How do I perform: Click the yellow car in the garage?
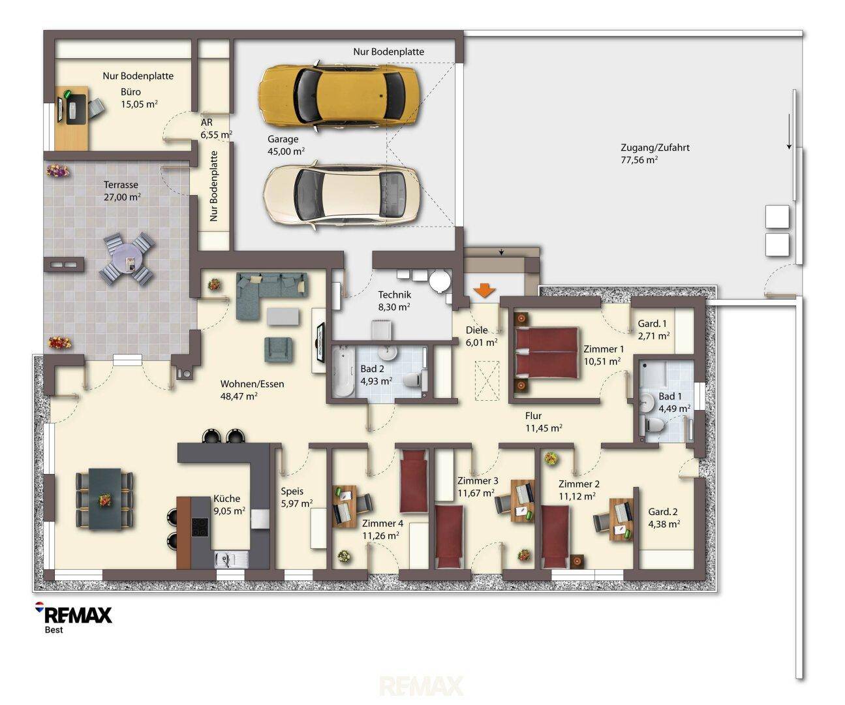tap(340, 97)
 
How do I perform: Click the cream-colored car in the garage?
tap(341, 196)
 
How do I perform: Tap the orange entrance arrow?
tap(484, 290)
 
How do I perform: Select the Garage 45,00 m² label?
tap(286, 145)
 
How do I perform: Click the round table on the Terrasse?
tap(127, 259)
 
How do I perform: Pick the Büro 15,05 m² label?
tap(139, 98)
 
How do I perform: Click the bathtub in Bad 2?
tap(343, 373)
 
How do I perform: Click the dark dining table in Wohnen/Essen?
tap(105, 499)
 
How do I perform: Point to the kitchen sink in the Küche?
tap(231, 559)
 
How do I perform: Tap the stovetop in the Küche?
tap(200, 527)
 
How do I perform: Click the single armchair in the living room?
tap(279, 349)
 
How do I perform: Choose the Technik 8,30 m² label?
tap(394, 300)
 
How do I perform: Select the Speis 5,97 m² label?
tap(296, 497)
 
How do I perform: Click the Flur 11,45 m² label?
tap(544, 422)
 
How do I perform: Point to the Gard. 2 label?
tap(662, 512)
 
